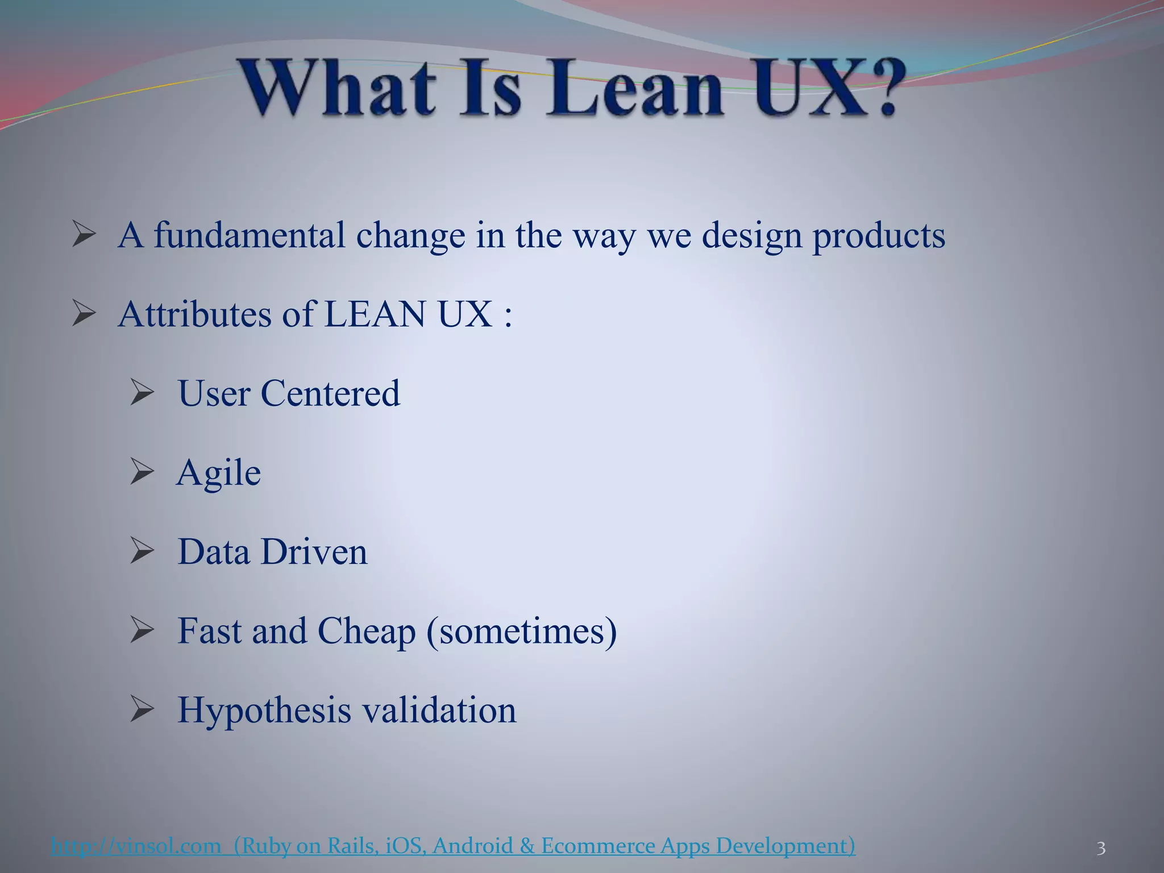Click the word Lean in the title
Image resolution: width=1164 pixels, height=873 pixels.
click(x=634, y=90)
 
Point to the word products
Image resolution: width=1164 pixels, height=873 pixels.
click(x=879, y=235)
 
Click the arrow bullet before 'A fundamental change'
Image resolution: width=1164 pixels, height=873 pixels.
click(x=84, y=234)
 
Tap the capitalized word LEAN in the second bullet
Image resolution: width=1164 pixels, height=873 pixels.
click(x=375, y=314)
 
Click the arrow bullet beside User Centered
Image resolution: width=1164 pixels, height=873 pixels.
click(x=142, y=393)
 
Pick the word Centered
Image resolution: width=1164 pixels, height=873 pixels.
click(x=330, y=393)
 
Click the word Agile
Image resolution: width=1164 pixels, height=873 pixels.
click(x=219, y=473)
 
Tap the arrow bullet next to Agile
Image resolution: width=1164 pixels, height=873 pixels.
click(x=142, y=472)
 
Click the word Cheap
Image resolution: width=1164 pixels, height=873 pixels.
click(x=367, y=631)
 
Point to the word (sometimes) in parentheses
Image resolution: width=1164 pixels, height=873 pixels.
click(x=521, y=631)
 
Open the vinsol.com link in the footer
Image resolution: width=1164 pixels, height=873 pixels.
click(x=136, y=846)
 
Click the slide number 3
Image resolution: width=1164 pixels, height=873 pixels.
click(x=1101, y=849)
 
